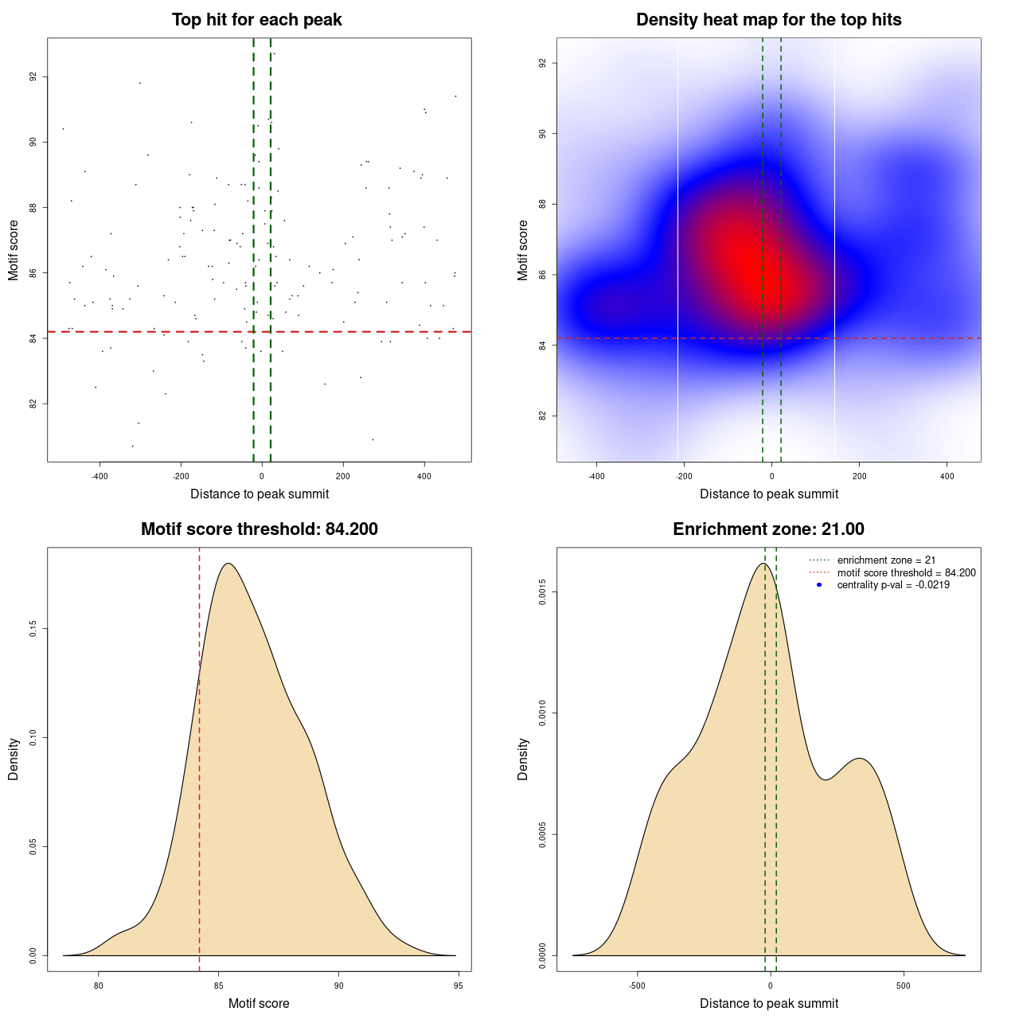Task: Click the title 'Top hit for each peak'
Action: (257, 20)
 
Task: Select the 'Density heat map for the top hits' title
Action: (768, 20)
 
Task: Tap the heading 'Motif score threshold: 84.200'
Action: (259, 529)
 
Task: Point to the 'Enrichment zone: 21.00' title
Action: (768, 529)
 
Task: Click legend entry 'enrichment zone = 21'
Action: (886, 560)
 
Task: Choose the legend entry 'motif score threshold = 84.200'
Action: (906, 572)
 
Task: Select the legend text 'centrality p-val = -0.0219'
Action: (893, 585)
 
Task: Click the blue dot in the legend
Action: (819, 585)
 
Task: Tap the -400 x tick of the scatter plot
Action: (100, 476)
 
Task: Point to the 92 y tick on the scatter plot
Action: (33, 76)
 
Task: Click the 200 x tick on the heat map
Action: (859, 476)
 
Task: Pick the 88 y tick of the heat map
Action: (543, 205)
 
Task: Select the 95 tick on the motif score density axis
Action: (458, 986)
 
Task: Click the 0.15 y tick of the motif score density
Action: (33, 630)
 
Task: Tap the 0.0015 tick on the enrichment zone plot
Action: (543, 592)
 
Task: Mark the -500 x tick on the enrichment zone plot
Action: (637, 986)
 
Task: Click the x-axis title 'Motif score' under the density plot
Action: (259, 1004)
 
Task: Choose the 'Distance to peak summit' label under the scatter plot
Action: (260, 494)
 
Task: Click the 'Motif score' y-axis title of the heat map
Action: (523, 250)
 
